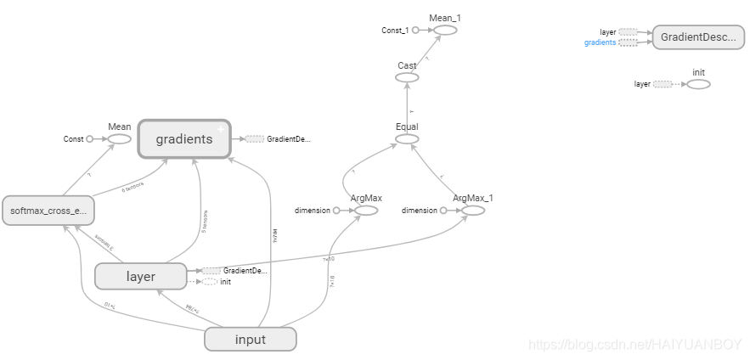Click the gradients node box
(x=183, y=138)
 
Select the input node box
(x=250, y=340)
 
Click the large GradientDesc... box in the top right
(x=697, y=37)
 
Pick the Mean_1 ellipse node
(x=445, y=30)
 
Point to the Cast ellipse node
(x=407, y=77)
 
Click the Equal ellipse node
(x=407, y=138)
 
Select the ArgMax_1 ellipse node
(x=473, y=210)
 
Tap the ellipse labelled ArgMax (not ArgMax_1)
(x=365, y=210)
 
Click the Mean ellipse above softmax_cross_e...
(x=119, y=138)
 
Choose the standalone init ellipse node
(x=698, y=84)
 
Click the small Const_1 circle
(x=416, y=31)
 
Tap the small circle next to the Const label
(x=90, y=138)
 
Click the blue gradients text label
(x=600, y=42)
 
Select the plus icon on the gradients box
(x=221, y=129)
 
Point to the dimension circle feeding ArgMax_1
(x=443, y=210)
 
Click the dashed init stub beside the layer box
(x=209, y=281)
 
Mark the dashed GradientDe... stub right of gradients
(x=254, y=138)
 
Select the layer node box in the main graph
(x=140, y=276)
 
